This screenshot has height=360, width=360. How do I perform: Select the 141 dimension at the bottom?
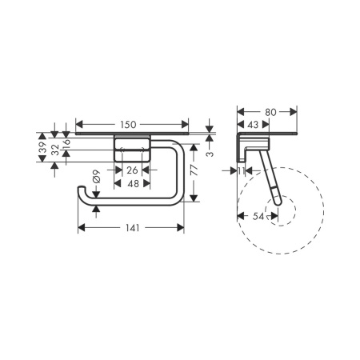133,228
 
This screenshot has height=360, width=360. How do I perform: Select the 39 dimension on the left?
42,148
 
